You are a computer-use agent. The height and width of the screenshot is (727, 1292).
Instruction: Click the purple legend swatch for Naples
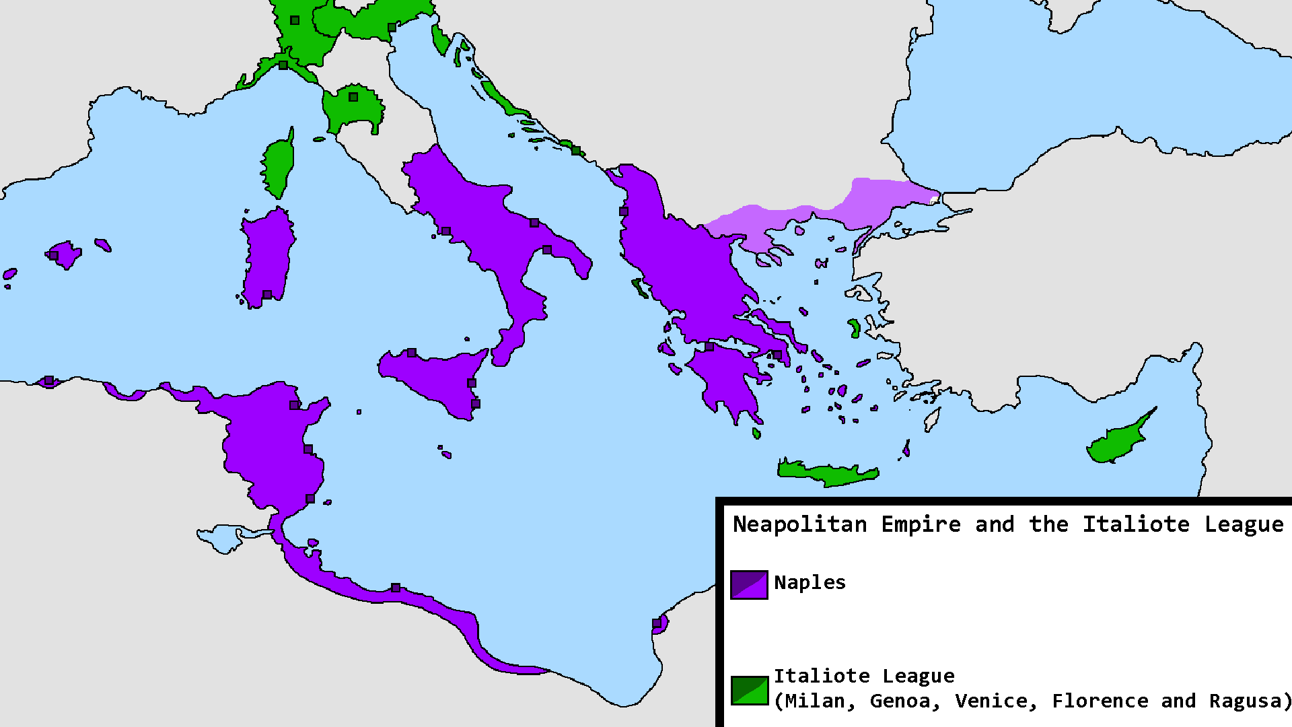click(x=749, y=584)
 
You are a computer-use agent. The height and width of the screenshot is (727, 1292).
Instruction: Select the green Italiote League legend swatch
click(x=749, y=690)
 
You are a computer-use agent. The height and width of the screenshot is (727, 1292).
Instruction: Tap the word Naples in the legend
click(x=810, y=582)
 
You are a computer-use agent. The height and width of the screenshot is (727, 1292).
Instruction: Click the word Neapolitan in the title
click(x=799, y=524)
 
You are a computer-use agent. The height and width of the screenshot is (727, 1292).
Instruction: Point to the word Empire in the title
click(x=921, y=524)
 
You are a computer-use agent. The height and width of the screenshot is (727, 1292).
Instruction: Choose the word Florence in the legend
click(x=1100, y=701)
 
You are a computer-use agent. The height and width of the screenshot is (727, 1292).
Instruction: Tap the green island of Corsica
click(x=277, y=165)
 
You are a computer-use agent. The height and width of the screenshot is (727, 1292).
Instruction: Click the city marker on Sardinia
click(x=267, y=295)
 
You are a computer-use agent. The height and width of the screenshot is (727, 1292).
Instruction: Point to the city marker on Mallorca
click(x=54, y=255)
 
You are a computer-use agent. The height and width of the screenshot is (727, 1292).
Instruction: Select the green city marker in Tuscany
click(x=353, y=97)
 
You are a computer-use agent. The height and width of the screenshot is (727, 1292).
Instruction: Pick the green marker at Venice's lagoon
click(x=392, y=28)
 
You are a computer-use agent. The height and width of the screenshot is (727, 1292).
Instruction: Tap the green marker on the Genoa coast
click(x=283, y=65)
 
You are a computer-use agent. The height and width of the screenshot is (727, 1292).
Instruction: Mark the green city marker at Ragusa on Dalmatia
click(x=576, y=150)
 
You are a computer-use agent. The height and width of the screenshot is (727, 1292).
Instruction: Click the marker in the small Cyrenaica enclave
click(x=657, y=623)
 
